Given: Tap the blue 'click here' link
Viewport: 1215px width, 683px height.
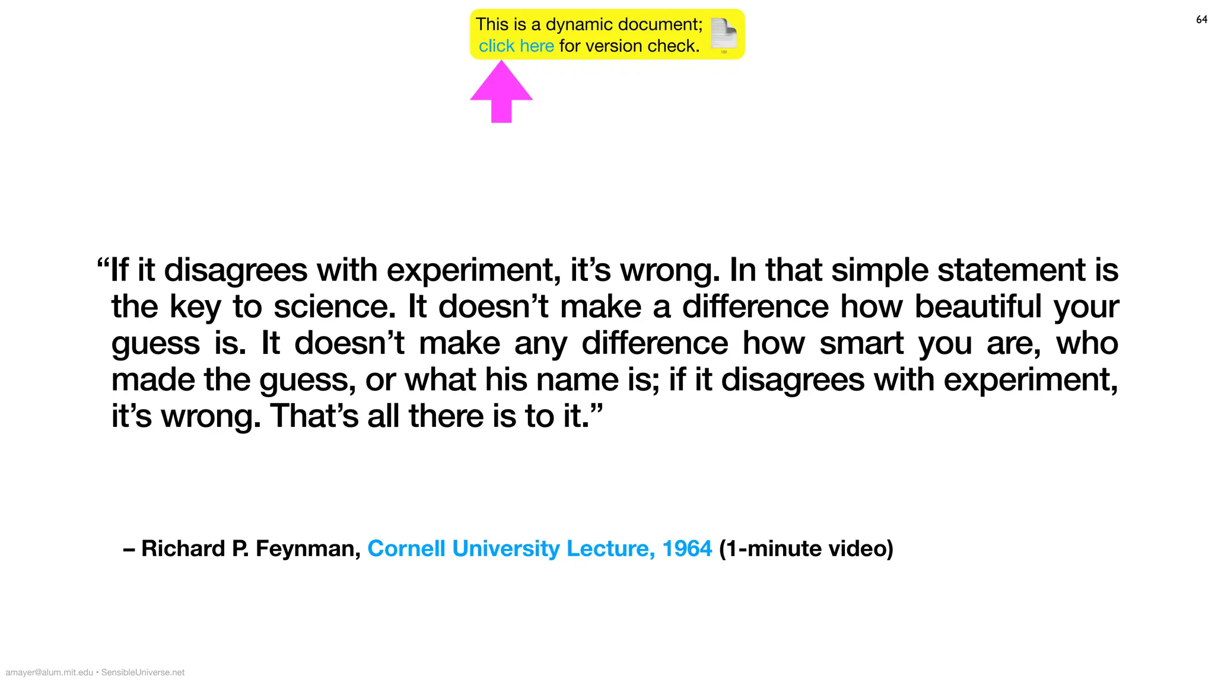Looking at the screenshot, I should (x=516, y=46).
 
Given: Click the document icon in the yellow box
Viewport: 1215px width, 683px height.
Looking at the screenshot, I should (x=723, y=34).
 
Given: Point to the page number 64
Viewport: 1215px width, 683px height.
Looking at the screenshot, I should (x=1201, y=20).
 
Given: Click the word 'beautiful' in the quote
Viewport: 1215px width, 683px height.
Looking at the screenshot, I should (x=978, y=307).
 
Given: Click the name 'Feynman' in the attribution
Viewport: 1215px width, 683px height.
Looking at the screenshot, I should (x=308, y=548).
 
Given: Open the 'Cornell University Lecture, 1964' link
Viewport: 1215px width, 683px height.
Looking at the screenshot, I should (x=539, y=548).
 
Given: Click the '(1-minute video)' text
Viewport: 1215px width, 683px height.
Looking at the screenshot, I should (x=806, y=548).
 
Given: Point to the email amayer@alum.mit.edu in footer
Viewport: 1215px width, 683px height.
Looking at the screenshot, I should (x=49, y=672).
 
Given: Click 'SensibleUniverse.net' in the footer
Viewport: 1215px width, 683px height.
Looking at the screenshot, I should (x=143, y=672).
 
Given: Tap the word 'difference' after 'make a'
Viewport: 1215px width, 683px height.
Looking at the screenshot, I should (x=755, y=307).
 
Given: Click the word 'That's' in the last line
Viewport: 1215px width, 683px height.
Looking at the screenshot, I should (x=314, y=416).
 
